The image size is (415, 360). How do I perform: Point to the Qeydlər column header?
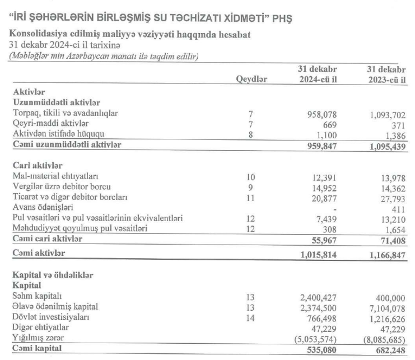[251, 80]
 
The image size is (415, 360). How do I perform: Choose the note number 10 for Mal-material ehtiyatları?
[251, 177]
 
